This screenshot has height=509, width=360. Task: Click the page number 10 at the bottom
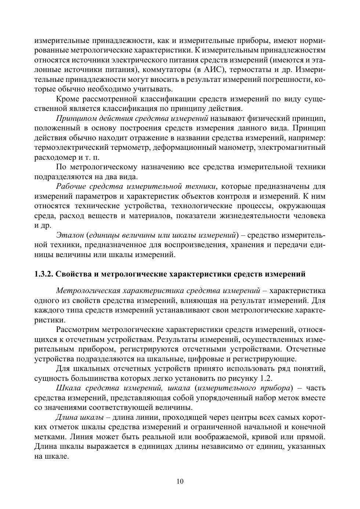tap(180, 481)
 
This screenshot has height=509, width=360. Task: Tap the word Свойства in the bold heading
tap(75, 274)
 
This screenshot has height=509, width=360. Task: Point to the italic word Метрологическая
tap(87, 291)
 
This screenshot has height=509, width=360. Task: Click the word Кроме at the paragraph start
tap(67, 99)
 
